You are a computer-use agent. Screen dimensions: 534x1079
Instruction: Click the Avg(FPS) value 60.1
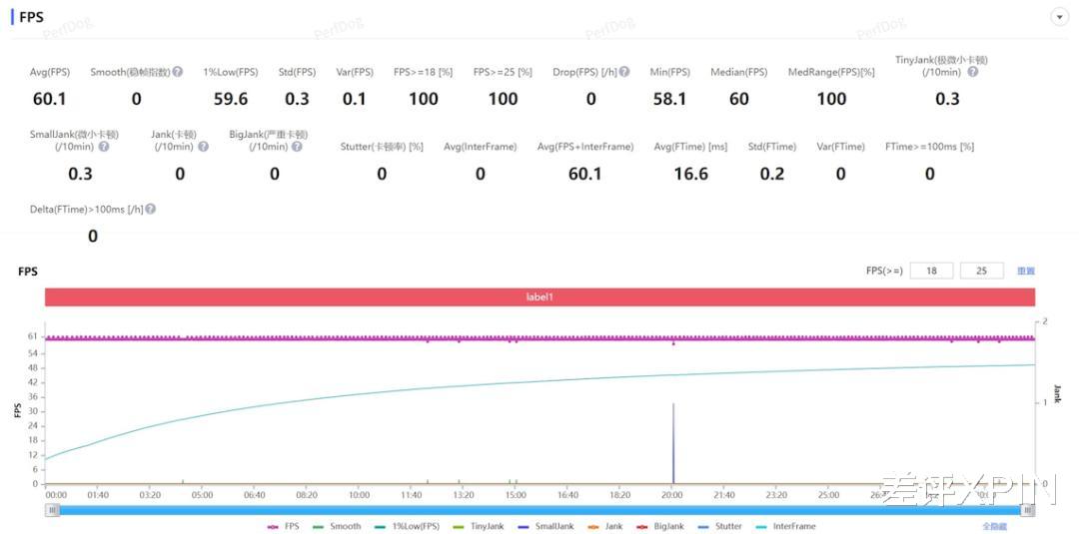point(49,99)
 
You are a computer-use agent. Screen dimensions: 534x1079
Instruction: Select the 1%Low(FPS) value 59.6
point(231,99)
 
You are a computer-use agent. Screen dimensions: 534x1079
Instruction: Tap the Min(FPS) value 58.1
point(669,99)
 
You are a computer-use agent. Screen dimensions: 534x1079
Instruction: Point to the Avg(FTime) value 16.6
point(690,174)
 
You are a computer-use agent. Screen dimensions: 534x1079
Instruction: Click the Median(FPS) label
point(738,72)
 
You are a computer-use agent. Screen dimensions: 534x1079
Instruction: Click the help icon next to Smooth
point(178,72)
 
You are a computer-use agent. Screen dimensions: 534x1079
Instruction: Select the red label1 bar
point(539,297)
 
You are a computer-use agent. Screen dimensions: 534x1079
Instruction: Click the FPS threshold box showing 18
point(931,270)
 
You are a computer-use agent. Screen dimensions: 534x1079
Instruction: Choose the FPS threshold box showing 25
point(981,270)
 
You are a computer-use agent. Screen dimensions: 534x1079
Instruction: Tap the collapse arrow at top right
point(1059,17)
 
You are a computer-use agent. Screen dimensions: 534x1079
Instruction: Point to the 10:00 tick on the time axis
point(359,495)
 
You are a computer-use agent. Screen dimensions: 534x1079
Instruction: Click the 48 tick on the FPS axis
point(32,367)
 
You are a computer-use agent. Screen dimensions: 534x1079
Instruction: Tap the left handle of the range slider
point(53,510)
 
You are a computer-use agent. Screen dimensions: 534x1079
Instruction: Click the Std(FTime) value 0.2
point(771,174)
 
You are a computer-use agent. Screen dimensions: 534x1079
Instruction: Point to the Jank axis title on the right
point(1057,393)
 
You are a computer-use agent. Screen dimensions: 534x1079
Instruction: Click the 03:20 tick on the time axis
point(150,495)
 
